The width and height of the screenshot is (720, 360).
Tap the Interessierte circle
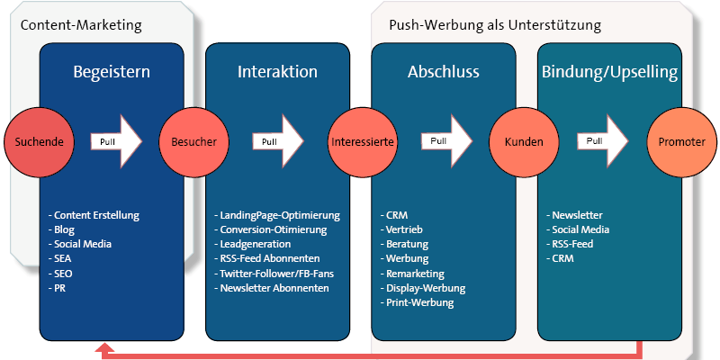(361, 142)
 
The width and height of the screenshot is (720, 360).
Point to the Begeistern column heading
(112, 71)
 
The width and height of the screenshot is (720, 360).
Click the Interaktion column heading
(276, 71)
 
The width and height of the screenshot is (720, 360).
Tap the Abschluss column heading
(443, 71)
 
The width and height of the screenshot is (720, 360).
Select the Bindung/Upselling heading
(609, 71)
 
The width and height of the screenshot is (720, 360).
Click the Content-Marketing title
(82, 25)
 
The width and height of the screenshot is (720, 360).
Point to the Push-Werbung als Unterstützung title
(495, 25)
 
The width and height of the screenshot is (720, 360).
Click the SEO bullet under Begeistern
(64, 274)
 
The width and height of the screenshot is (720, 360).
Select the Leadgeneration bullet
(255, 244)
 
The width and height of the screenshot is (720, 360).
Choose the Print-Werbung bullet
(418, 302)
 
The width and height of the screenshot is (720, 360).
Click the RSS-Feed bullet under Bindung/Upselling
(574, 244)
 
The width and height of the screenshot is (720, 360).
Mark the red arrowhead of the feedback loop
(106, 348)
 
